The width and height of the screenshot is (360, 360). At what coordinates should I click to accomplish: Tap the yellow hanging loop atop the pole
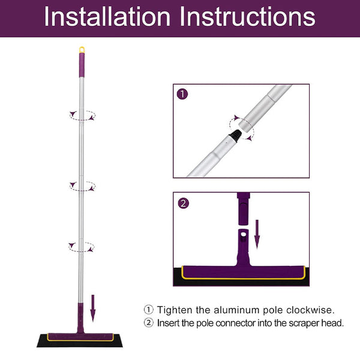81,50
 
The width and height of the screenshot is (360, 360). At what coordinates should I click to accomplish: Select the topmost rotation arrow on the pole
82,115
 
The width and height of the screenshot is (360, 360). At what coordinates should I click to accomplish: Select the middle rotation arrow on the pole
82,185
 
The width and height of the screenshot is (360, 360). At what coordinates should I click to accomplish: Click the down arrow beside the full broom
93,307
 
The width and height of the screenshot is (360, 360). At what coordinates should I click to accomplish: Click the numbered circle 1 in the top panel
182,94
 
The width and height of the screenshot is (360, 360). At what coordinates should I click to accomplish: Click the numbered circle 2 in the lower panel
182,203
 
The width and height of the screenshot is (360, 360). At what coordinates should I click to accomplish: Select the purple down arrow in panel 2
257,234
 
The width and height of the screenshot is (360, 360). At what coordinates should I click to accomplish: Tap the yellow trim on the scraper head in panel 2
240,281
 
